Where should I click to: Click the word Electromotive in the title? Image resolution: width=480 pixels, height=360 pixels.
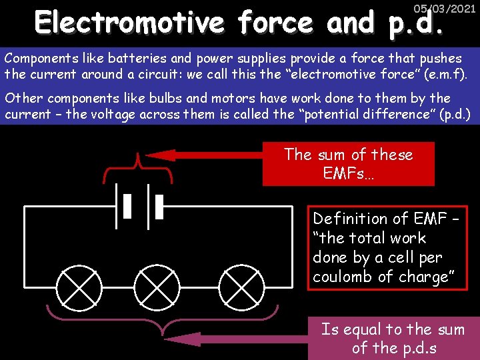coord(130,23)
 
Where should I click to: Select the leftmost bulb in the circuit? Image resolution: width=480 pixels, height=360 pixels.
coord(79,287)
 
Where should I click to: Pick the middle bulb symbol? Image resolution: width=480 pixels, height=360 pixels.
coord(159,287)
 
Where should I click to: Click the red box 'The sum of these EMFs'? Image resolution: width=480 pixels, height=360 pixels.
coord(348,164)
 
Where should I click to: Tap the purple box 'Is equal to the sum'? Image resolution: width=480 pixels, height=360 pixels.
coord(393,338)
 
